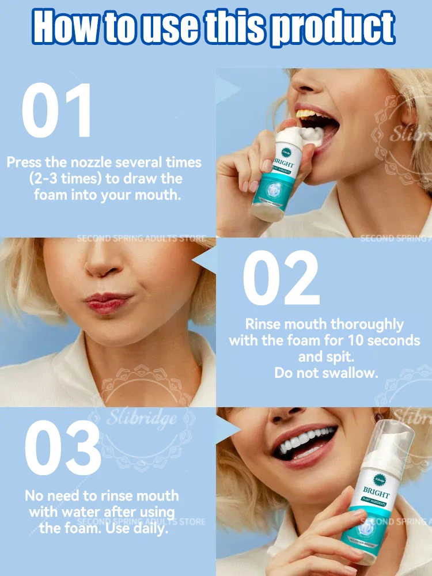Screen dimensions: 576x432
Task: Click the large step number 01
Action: coord(56,111)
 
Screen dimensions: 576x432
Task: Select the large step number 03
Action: coord(63,449)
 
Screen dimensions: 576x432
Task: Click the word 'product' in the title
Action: coord(332,26)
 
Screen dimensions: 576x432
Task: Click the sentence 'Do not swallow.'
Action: coord(326,373)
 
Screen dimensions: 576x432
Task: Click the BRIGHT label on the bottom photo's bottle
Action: coord(377,494)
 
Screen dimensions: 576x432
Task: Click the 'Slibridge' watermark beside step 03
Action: coord(141,418)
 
